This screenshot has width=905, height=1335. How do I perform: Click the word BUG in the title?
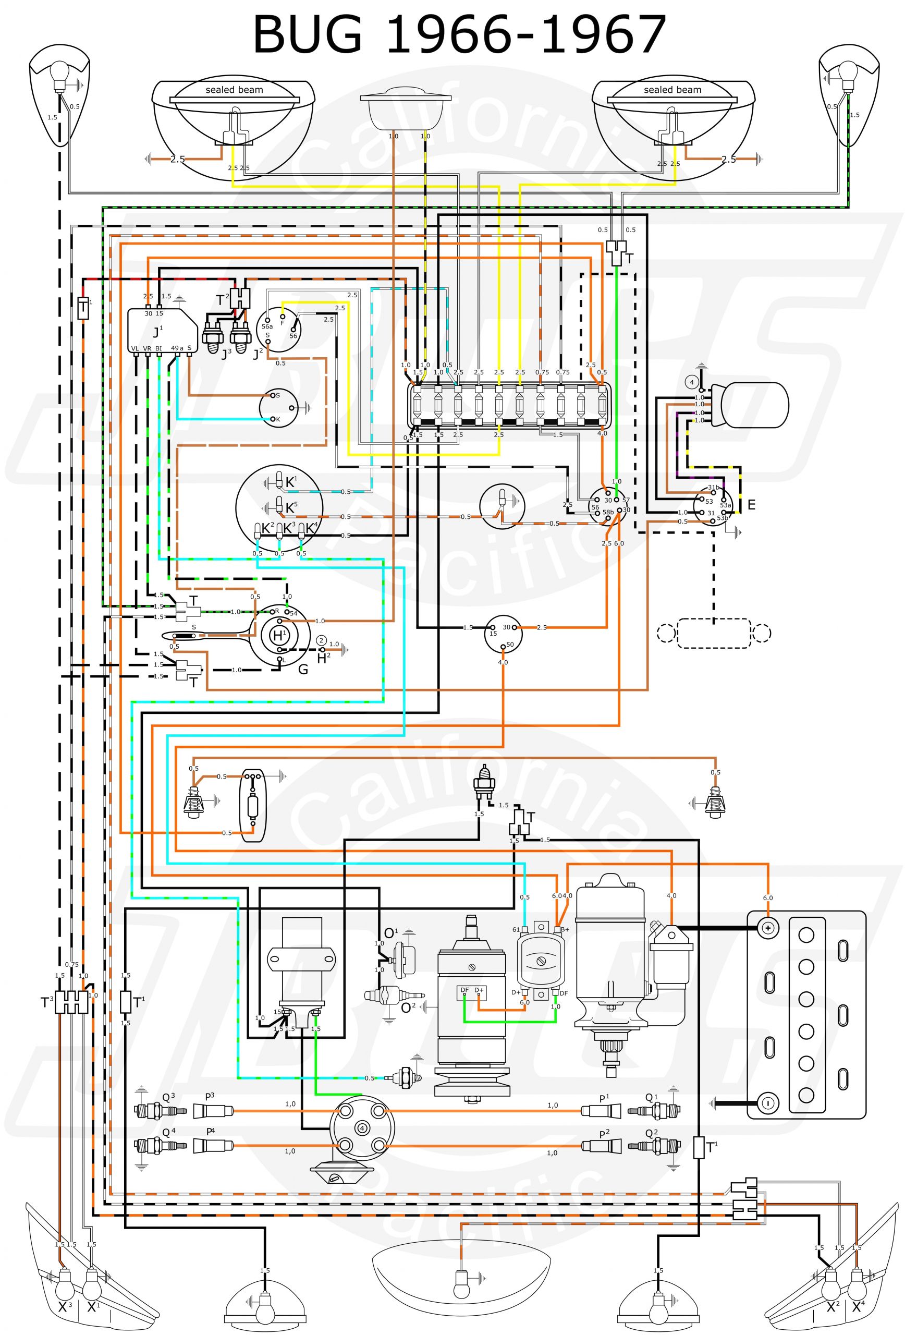coord(308,35)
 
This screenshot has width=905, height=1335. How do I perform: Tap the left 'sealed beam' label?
coord(234,90)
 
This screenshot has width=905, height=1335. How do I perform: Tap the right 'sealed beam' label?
coord(672,90)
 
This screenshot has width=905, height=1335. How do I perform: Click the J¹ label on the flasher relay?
coord(157,332)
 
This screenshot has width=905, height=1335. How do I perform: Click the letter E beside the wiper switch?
coord(751,505)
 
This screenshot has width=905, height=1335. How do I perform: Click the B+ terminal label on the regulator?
coord(564,929)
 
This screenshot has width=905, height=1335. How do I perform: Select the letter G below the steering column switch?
coord(303,669)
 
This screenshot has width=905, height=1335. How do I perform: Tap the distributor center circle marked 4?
coord(362,1127)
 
